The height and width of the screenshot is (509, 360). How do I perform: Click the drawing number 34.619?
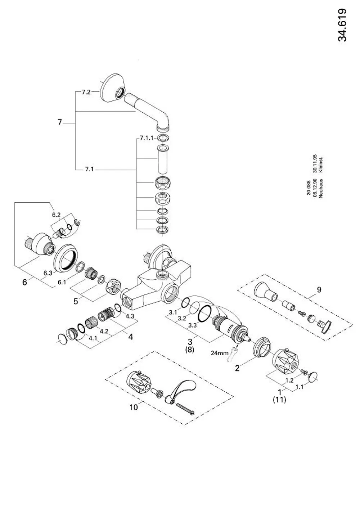tap(342, 25)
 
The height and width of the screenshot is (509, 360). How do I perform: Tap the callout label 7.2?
tap(86, 92)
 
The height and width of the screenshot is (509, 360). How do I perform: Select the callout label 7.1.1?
tap(147, 138)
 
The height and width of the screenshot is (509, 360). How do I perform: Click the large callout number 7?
tap(59, 122)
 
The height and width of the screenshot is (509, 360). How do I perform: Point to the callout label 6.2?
tap(56, 215)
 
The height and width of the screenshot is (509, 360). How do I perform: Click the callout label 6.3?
tap(48, 273)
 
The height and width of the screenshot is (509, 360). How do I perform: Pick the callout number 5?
tap(76, 301)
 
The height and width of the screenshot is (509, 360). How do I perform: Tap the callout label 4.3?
tap(130, 316)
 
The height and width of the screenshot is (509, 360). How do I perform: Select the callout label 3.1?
tap(173, 312)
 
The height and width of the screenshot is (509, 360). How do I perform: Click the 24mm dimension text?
tap(220, 353)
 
